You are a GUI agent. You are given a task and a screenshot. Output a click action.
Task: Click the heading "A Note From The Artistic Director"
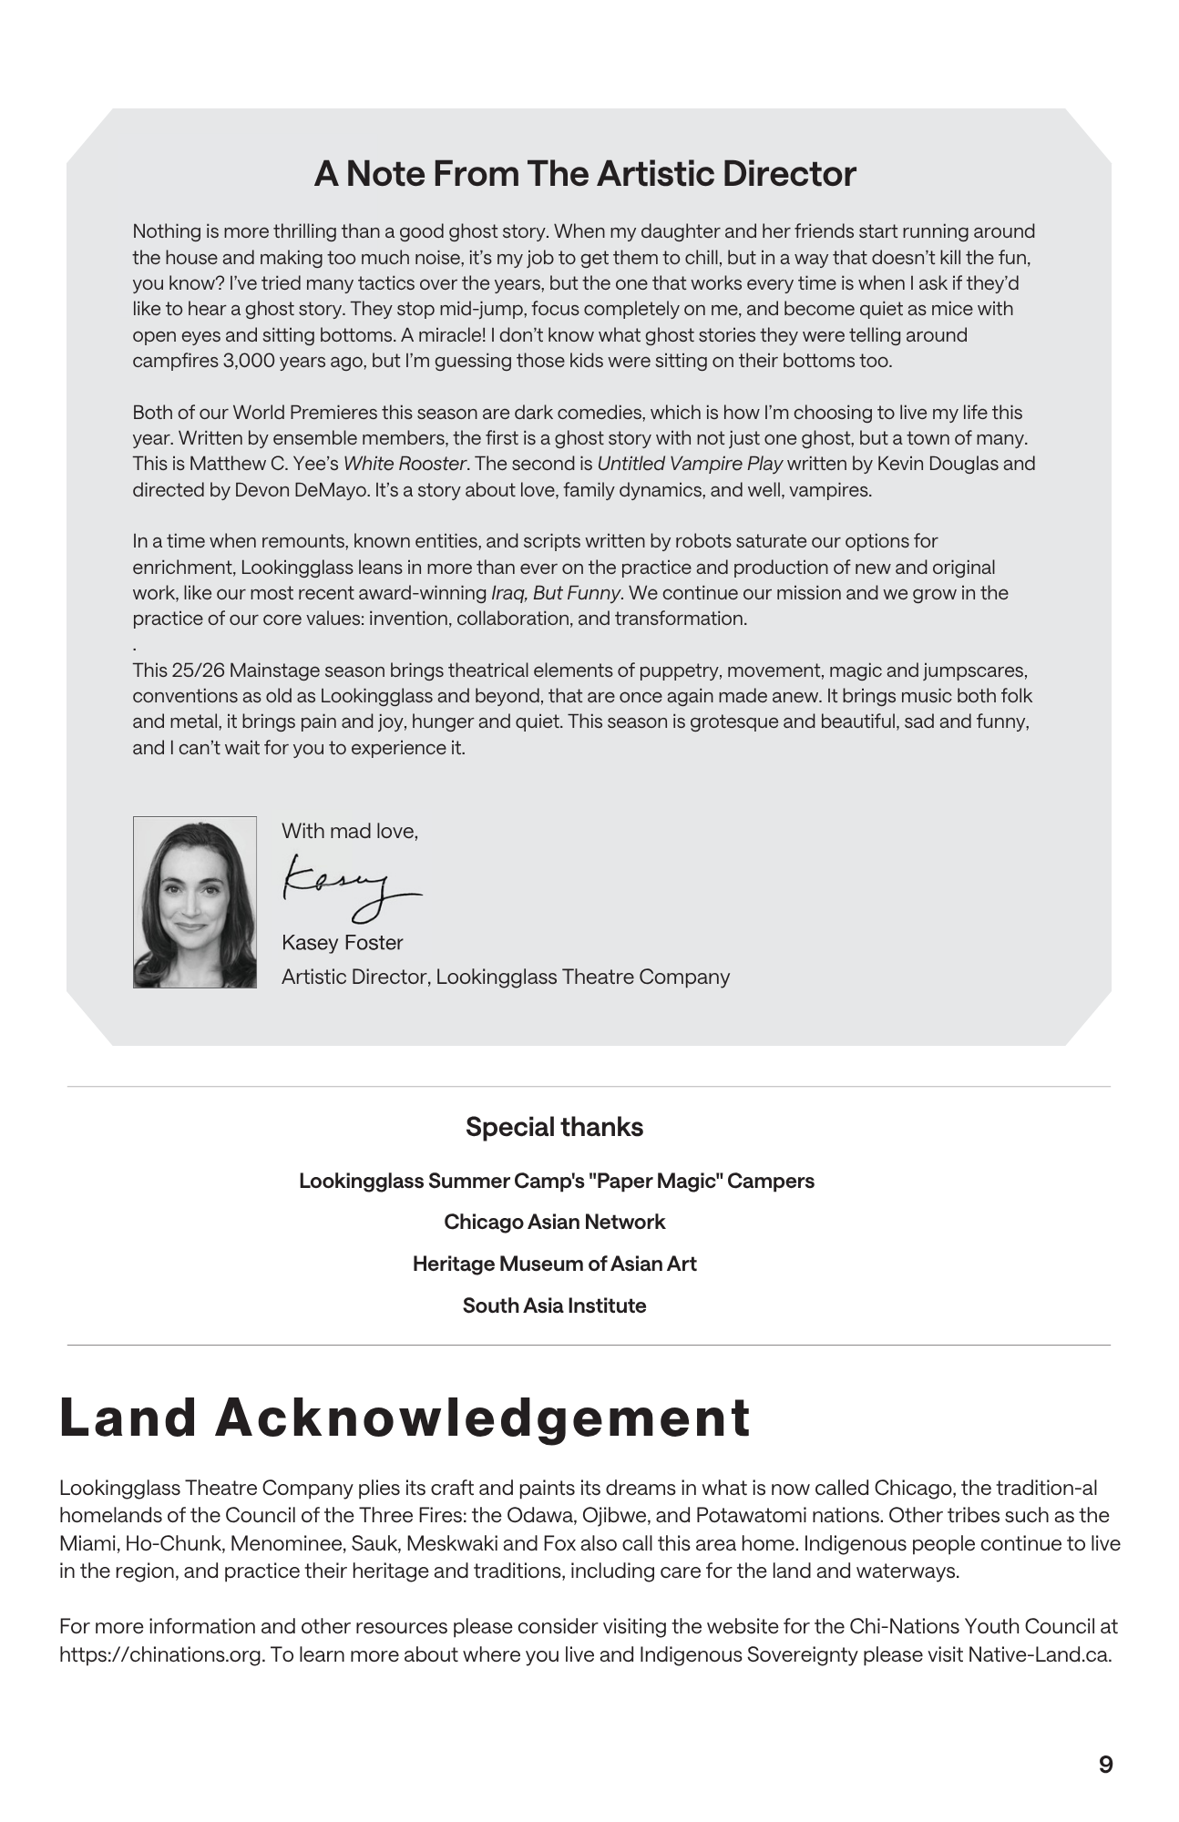coord(585,174)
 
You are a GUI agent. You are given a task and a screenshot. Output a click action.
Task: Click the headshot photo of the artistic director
coord(194,902)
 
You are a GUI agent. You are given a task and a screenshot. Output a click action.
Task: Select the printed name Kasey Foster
coord(342,943)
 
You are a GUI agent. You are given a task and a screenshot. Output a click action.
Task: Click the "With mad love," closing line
coord(349,831)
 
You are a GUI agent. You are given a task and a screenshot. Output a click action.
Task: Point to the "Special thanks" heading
coord(554,1127)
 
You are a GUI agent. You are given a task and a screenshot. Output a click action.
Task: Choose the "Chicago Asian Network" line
coord(554,1222)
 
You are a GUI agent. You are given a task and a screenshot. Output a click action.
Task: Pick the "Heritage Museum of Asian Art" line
coord(554,1264)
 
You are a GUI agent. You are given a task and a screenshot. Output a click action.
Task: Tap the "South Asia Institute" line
coord(554,1305)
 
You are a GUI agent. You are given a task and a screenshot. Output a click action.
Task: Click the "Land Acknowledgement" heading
coord(405,1418)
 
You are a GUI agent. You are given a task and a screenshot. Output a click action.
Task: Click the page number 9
coord(1105,1765)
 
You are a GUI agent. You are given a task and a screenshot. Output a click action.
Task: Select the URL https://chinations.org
coord(161,1654)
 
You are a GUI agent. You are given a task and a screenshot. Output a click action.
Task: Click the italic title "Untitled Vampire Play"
coord(690,464)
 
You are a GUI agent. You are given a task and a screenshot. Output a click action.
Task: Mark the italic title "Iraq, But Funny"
coord(556,593)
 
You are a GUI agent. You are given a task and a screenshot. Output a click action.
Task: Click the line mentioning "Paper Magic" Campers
coord(556,1181)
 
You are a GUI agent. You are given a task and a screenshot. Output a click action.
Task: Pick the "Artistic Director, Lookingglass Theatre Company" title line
coord(506,977)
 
